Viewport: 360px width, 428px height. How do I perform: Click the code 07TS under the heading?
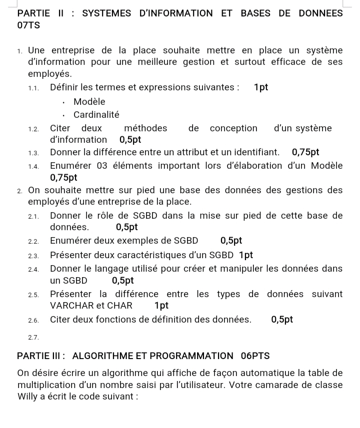point(28,24)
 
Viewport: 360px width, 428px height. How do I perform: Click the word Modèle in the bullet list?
point(89,102)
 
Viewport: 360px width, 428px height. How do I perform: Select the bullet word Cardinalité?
point(96,114)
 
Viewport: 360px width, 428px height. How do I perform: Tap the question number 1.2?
point(34,129)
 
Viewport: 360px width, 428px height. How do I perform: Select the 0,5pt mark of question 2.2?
point(231,240)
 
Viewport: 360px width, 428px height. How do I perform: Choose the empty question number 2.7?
point(34,338)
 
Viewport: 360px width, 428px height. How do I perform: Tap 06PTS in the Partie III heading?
point(255,356)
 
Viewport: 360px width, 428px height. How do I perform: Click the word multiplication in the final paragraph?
point(44,385)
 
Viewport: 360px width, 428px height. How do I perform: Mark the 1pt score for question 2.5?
point(161,306)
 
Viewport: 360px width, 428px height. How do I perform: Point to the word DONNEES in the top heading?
point(320,13)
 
